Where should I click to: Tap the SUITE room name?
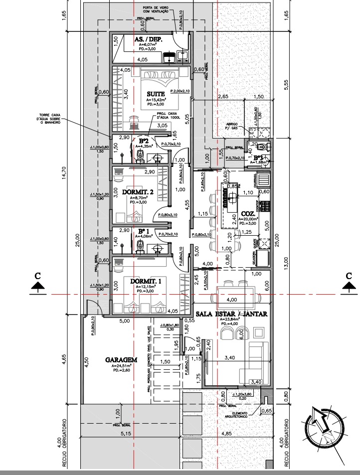point(156,94)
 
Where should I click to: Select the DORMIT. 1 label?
point(146,282)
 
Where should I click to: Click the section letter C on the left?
point(37,276)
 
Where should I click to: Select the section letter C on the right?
point(349,276)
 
